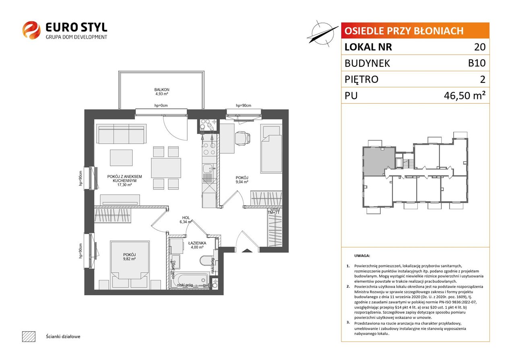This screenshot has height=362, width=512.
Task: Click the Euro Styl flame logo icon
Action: pyautogui.click(x=31, y=30)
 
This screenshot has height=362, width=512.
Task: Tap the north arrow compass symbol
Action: pyautogui.click(x=322, y=34)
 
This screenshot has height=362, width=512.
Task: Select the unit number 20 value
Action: pyautogui.click(x=480, y=47)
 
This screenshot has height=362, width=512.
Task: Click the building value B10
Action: pyautogui.click(x=477, y=63)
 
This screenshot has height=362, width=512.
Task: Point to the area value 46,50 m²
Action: pyautogui.click(x=465, y=95)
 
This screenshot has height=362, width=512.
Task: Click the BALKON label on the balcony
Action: pyautogui.click(x=161, y=90)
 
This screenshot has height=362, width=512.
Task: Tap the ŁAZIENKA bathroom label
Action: pyautogui.click(x=197, y=243)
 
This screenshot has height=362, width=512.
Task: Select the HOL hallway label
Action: pyautogui.click(x=186, y=218)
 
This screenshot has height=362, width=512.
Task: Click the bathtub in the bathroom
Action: pyautogui.click(x=189, y=281)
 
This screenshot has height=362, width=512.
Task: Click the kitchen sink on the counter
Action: pyautogui.click(x=209, y=168)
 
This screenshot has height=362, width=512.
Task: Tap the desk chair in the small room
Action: pyautogui.click(x=243, y=138)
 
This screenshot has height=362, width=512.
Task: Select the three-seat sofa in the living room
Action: pyautogui.click(x=121, y=134)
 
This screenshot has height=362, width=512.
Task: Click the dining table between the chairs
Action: pyautogui.click(x=166, y=168)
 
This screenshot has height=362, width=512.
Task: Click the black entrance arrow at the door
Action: pyautogui.click(x=247, y=251)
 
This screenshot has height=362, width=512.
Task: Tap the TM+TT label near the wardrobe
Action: pyautogui.click(x=274, y=212)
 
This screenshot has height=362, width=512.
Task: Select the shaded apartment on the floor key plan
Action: pyautogui.click(x=379, y=161)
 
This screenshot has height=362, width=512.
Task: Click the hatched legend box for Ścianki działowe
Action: pyautogui.click(x=29, y=336)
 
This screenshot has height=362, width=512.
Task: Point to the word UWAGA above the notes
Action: pyautogui.click(x=362, y=255)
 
